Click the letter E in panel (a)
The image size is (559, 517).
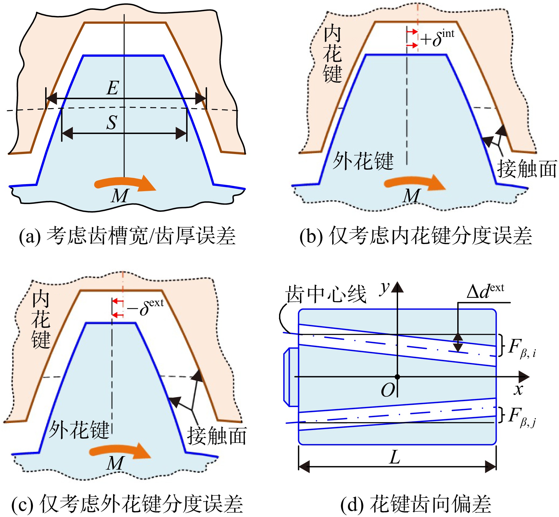pyautogui.click(x=113, y=88)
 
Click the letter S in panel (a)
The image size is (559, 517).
pyautogui.click(x=112, y=122)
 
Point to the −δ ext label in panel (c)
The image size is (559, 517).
pyautogui.click(x=145, y=307)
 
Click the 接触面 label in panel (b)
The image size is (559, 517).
pyautogui.click(x=527, y=169)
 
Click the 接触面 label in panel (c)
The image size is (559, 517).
pyautogui.click(x=217, y=436)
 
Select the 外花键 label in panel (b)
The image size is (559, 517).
pyautogui.click(x=363, y=161)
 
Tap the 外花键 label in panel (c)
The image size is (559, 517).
pyautogui.click(x=79, y=429)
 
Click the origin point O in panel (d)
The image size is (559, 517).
pyautogui.click(x=397, y=377)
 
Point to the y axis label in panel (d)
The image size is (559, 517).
pyautogui.click(x=384, y=288)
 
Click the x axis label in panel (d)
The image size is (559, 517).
pyautogui.click(x=518, y=390)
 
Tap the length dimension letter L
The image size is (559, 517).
pyautogui.click(x=395, y=457)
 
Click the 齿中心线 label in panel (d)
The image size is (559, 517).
pyautogui.click(x=326, y=294)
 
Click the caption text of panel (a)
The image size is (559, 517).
pyautogui.click(x=127, y=236)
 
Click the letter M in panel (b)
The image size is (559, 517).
pyautogui.click(x=412, y=196)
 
